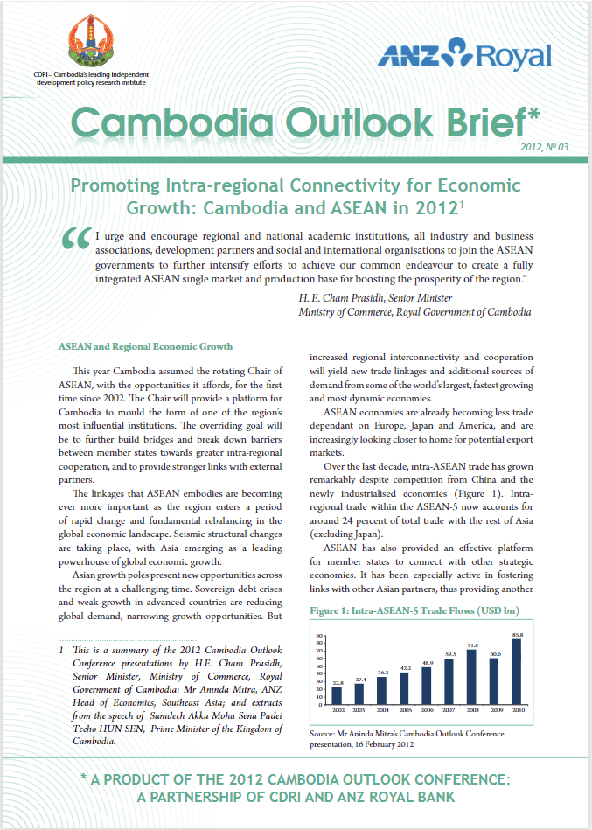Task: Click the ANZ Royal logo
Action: (464, 55)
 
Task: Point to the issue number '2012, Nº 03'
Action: (543, 147)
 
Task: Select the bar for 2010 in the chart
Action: (517, 673)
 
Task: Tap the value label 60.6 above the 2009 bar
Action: (495, 653)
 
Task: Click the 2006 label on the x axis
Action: (427, 709)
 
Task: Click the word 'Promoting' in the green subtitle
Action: (112, 186)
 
